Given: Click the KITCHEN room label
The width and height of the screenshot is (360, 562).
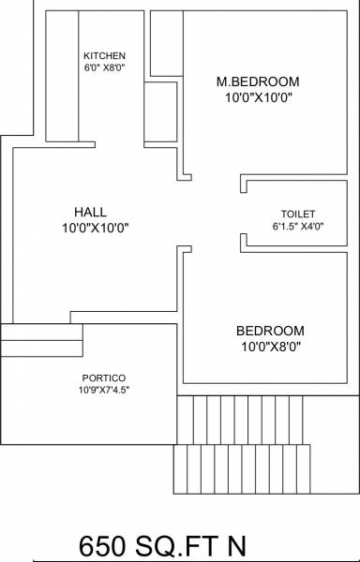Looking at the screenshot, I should coord(104,55).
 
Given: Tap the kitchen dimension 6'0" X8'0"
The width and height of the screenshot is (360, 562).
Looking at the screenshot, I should coord(103,67).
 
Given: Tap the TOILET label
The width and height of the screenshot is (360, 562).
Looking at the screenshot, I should coord(298,214).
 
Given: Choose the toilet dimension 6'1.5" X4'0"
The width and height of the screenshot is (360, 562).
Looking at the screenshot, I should coord(297,227).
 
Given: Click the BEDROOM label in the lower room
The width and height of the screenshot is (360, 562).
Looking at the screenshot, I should coord(270,331).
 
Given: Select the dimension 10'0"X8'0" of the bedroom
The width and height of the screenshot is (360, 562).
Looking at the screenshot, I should coord(270,347).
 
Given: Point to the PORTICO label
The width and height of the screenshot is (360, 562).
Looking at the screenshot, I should coord(98,377).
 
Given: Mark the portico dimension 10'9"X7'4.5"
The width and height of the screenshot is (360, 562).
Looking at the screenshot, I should coord(98,390).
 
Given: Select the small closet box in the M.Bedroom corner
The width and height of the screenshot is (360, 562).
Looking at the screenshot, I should coord(167,45).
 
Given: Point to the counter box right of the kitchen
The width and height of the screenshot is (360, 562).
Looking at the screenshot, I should coord(160,113).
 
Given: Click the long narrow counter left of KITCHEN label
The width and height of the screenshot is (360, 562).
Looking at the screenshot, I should coord(59,75).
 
